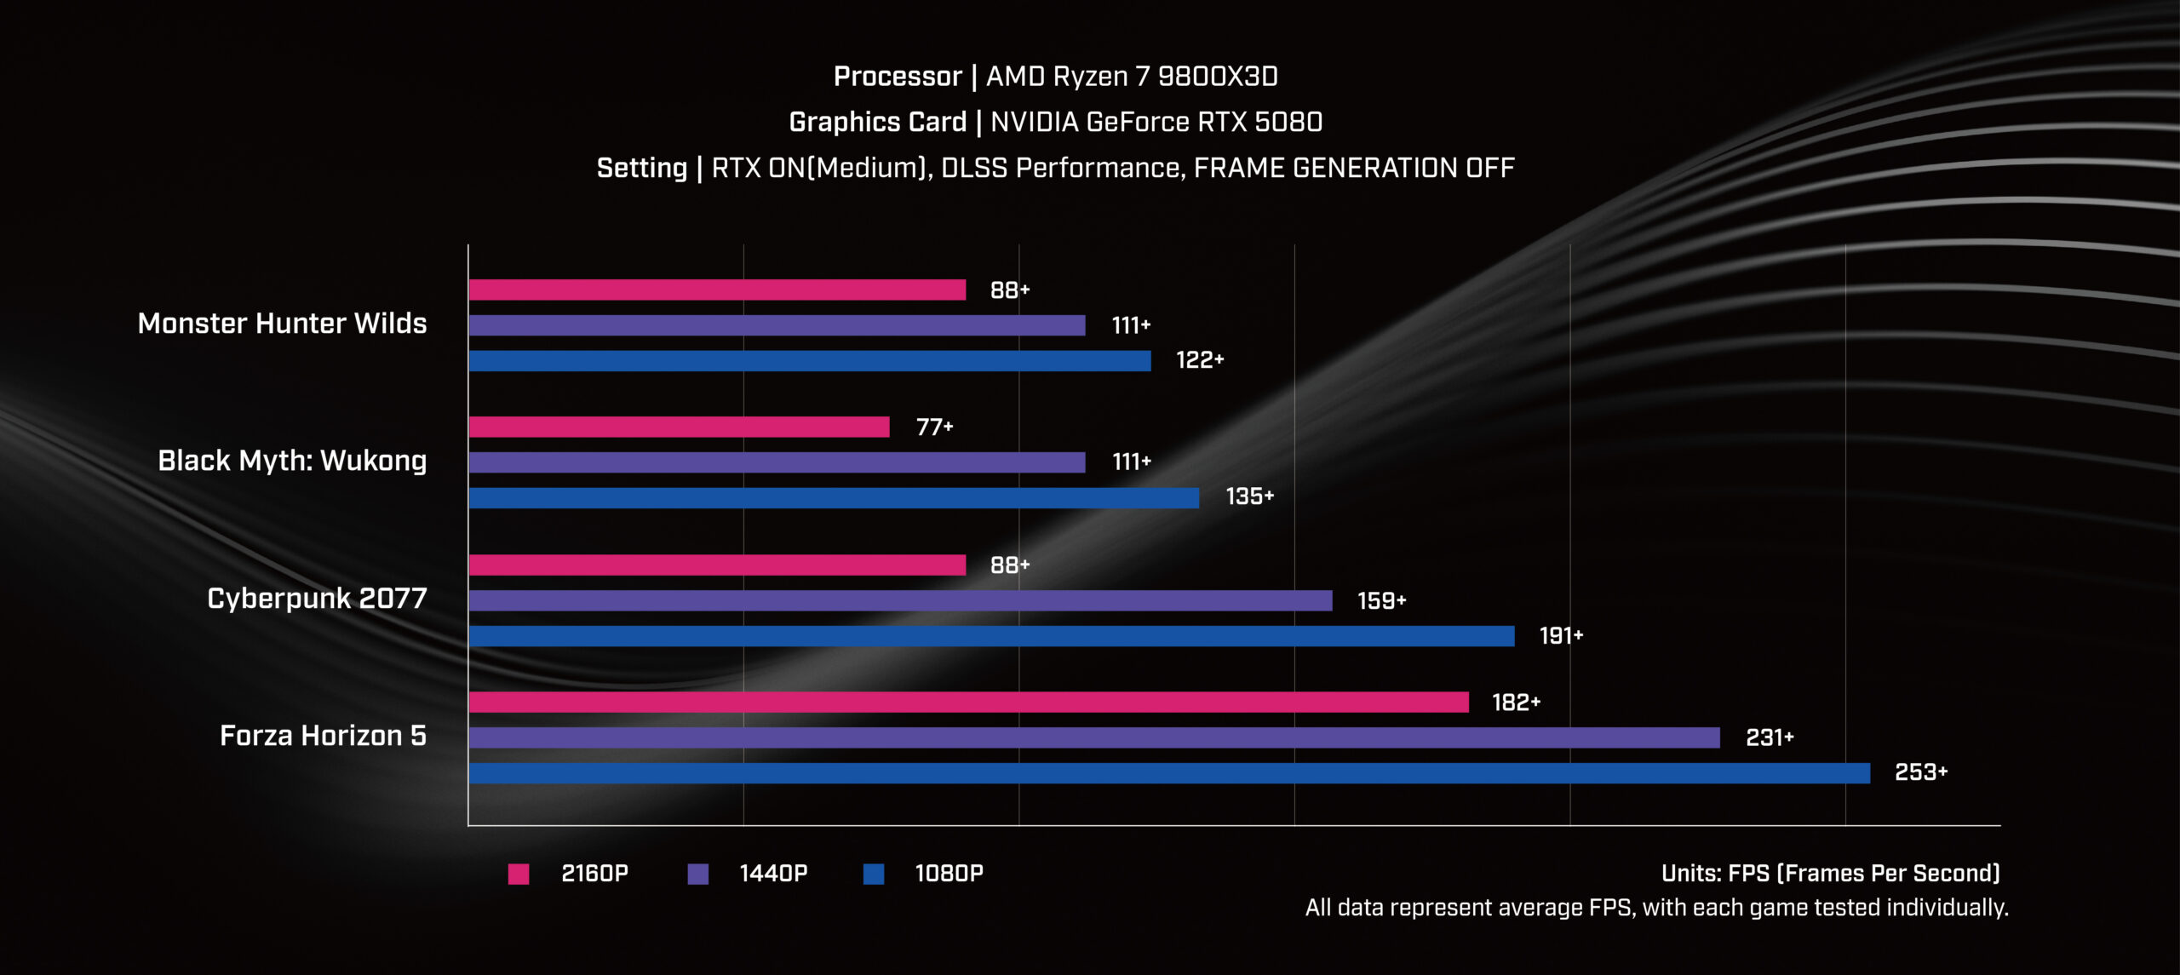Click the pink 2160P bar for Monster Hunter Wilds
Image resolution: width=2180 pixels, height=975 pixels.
717,290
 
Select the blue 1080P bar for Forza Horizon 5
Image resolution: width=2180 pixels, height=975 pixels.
1169,773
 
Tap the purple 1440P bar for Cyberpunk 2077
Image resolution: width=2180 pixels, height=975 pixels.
900,600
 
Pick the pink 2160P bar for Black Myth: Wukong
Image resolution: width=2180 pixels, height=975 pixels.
679,427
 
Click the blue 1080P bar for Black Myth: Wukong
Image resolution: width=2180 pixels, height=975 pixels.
834,498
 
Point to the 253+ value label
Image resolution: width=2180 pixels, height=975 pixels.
1920,772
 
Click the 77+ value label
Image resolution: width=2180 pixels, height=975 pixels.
934,427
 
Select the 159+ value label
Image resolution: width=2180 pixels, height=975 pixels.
1381,601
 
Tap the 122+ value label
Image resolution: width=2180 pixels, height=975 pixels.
1199,360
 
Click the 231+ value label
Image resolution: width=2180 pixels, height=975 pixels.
1769,737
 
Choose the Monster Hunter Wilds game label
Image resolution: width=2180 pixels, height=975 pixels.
282,324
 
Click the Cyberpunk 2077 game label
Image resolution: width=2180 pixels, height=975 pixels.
317,599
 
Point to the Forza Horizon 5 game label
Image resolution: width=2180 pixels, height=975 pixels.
323,736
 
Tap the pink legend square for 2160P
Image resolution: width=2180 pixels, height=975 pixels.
519,874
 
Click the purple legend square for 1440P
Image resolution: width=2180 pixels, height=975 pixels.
697,874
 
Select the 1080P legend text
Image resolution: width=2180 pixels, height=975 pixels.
949,874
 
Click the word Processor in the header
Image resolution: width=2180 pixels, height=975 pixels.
898,77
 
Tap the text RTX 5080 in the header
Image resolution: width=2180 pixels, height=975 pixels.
1259,123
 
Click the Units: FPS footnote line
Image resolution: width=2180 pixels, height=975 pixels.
1830,874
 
